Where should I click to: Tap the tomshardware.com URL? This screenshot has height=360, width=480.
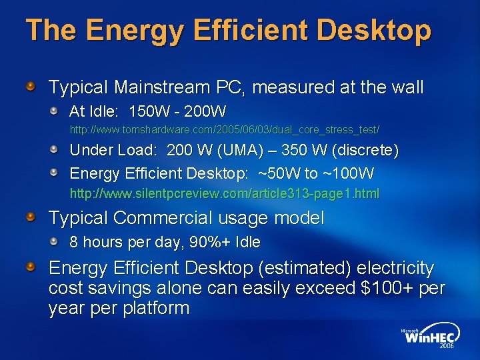225,128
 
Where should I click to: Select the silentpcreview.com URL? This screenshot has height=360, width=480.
225,194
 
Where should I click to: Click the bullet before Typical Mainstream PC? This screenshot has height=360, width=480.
31,87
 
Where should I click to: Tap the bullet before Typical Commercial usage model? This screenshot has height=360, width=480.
31,217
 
